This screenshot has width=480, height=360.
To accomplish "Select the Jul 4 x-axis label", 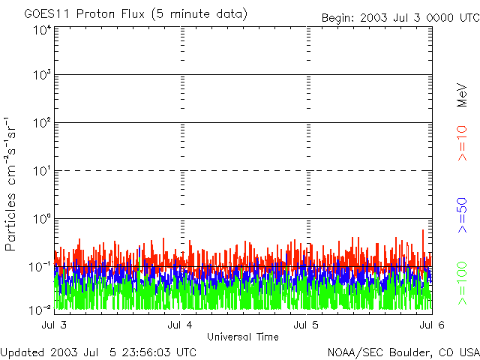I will pos(181,325).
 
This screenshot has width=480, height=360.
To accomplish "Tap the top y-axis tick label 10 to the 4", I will pos(41,30).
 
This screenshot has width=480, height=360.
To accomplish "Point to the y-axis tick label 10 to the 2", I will pos(41,124).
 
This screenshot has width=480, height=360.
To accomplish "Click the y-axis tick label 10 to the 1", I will pos(41,172).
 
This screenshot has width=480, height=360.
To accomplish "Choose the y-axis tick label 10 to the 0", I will pos(41,220).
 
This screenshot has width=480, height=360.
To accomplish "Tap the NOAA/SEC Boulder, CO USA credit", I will pos(403,352).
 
